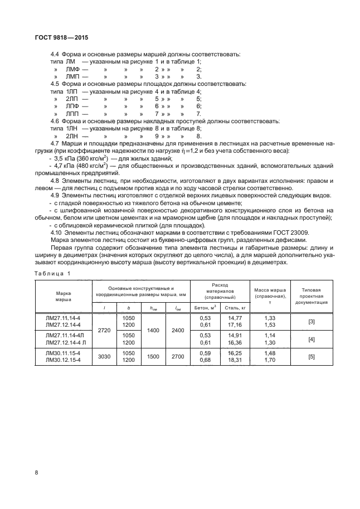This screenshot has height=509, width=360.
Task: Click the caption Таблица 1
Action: [52, 273]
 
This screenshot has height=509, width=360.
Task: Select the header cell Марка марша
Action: [63, 295]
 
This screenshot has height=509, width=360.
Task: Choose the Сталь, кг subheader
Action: [233, 307]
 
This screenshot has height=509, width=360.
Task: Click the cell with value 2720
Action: [104, 330]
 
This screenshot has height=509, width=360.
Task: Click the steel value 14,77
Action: [233, 317]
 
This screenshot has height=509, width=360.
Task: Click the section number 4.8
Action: [57, 181]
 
